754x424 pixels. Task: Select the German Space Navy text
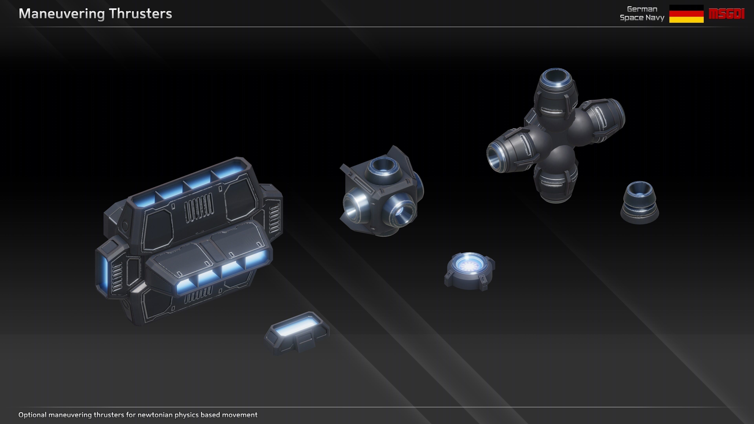coord(642,14)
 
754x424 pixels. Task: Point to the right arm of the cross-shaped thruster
coord(603,117)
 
